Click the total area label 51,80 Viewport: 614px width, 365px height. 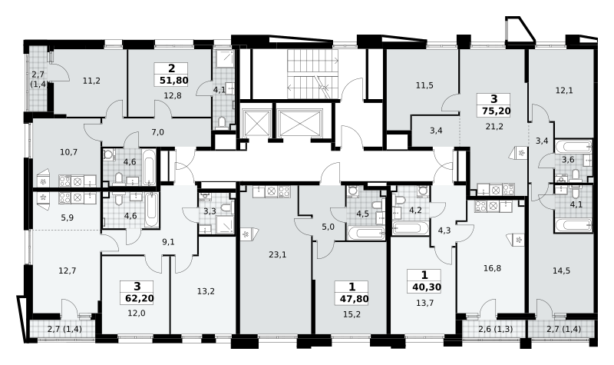(174, 81)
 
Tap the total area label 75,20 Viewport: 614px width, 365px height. (496, 111)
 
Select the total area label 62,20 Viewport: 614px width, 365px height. (140, 298)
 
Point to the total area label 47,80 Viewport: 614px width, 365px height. (354, 299)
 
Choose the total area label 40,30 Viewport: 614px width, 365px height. (427, 287)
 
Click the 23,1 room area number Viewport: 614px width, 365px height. (277, 255)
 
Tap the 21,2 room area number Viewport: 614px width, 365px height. (494, 126)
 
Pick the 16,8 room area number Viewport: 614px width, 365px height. (492, 268)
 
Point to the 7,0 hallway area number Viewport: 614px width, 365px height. (157, 132)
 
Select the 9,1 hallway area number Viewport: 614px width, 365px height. (168, 242)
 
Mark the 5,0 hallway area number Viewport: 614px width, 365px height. (328, 227)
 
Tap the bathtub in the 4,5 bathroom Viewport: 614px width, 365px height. (366, 234)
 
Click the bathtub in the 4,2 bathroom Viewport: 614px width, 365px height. (410, 228)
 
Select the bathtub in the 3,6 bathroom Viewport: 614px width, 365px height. (573, 146)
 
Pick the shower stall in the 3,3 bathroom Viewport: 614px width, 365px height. (224, 224)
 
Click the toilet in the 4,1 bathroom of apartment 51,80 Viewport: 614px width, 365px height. (222, 123)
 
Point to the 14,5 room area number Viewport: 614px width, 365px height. (561, 270)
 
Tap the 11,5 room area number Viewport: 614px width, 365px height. (424, 85)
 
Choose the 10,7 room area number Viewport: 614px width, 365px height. (68, 152)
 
